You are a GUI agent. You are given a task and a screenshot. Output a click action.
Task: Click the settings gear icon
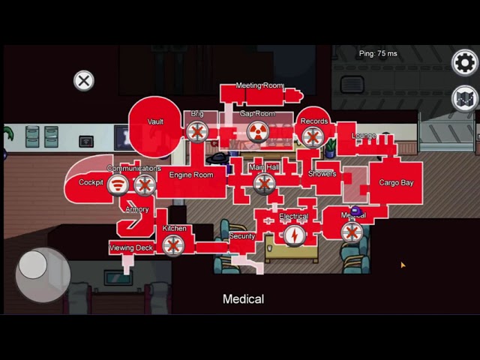[x=465, y=62]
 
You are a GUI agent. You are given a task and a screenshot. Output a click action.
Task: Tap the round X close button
[x=84, y=81]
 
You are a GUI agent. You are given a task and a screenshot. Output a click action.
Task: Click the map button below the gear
[x=465, y=98]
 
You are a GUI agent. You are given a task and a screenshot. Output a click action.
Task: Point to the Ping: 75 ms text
[x=378, y=54]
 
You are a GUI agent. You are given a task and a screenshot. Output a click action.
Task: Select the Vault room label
[x=155, y=122]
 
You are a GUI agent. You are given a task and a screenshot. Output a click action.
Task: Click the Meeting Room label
[x=259, y=85]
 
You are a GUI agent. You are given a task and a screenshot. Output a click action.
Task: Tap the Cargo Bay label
[x=395, y=182]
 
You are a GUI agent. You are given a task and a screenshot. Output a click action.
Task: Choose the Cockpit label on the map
[x=91, y=182]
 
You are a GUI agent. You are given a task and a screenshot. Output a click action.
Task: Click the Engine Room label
[x=190, y=175]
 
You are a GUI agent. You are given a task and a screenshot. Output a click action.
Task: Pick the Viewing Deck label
[x=131, y=247]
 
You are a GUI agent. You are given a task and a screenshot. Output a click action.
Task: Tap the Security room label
[x=241, y=236]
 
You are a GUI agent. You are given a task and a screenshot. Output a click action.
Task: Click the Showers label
[x=322, y=174]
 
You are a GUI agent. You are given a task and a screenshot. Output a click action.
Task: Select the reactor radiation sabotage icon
[x=257, y=133]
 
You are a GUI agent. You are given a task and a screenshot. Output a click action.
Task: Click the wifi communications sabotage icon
[x=118, y=184]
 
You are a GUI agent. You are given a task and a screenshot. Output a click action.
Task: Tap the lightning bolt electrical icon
[x=294, y=235]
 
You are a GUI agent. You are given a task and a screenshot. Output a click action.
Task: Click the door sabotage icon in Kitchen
[x=173, y=244]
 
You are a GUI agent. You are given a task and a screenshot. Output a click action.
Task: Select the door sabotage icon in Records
[x=313, y=136]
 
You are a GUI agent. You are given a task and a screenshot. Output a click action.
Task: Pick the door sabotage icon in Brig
[x=196, y=133]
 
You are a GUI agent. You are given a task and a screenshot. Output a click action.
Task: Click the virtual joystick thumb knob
[x=33, y=264]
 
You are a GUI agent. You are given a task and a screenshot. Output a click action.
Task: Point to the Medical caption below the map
[x=243, y=298]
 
